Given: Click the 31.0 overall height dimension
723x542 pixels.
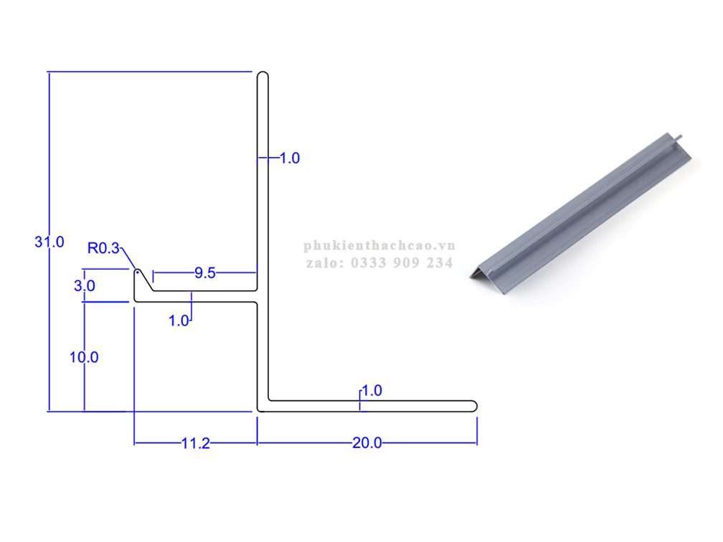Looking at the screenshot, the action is (x=49, y=242).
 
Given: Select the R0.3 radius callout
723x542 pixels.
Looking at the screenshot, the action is (x=103, y=248).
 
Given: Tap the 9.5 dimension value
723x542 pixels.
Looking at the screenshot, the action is (x=204, y=273).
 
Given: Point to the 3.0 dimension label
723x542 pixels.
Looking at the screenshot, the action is (x=85, y=286).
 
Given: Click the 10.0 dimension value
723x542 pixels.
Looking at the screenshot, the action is (x=84, y=357).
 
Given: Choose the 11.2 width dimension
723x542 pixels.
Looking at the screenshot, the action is (x=196, y=443).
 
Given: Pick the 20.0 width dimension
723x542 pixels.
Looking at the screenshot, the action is (x=367, y=443).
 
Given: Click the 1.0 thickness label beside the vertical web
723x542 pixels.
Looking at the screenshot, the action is (x=290, y=158).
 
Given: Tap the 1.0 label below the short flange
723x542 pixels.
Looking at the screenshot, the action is (x=179, y=320).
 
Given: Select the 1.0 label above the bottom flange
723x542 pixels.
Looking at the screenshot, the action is (x=372, y=391).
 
